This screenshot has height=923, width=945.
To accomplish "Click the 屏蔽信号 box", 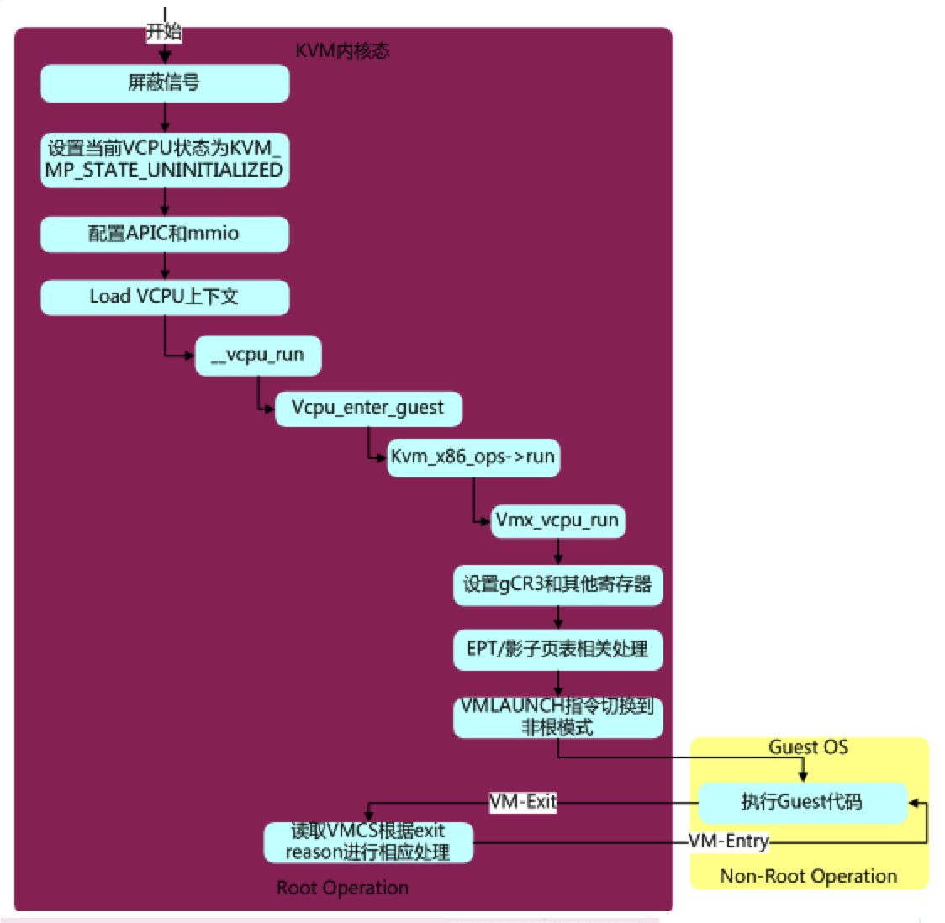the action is pos(165,83).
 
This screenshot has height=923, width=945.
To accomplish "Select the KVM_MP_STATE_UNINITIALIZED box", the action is pos(165,161).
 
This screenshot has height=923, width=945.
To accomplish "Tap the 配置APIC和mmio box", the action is pos(165,234).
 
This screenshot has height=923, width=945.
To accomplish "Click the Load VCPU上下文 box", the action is pos(165,297).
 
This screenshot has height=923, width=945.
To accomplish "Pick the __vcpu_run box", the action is pos(258,356).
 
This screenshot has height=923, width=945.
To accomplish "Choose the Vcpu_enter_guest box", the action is pos(368,409).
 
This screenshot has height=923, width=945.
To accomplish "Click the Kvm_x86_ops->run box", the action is pos(473,458).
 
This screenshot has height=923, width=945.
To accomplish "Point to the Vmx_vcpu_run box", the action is pos(558,521).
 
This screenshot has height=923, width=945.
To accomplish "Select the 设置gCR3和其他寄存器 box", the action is pos(558,585).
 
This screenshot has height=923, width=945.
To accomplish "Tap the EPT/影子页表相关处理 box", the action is pos(558,650).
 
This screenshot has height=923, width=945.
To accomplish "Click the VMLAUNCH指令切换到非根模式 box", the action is pos(558,718).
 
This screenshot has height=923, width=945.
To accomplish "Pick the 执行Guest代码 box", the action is pos(803,803).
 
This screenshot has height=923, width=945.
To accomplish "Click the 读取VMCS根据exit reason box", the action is pos(368,842).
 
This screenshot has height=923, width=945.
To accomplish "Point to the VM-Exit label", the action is pos(523,802).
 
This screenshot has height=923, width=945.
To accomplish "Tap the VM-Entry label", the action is pos(729,841).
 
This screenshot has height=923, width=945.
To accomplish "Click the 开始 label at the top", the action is pos(164,31).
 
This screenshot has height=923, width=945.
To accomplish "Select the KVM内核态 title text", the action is pos(342,51).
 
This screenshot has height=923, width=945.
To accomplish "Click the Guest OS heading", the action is pos(808,747).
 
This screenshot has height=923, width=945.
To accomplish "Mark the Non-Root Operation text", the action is pos(808,876).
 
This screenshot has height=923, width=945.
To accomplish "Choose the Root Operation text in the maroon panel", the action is pos(342,888).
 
